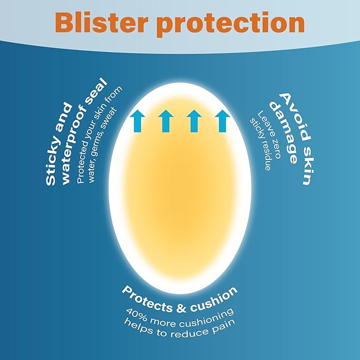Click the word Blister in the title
point(100,22)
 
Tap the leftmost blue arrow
point(137,121)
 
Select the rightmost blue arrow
point(223,121)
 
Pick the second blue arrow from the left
point(165,121)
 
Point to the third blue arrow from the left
point(194,121)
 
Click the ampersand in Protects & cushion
point(181,309)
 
